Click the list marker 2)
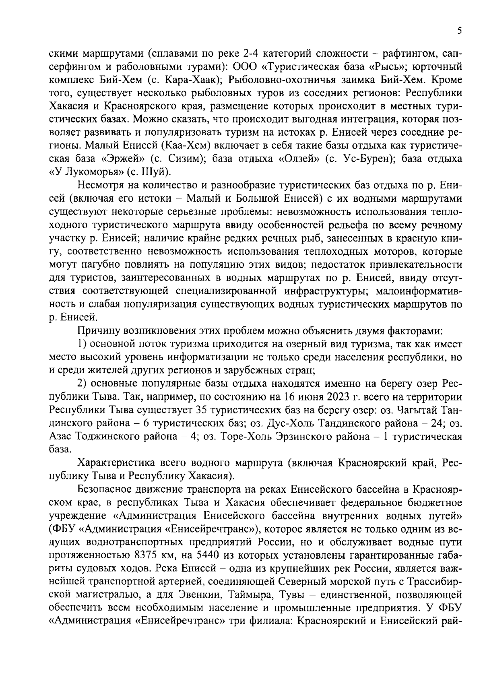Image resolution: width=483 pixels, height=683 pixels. coord(83,384)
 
